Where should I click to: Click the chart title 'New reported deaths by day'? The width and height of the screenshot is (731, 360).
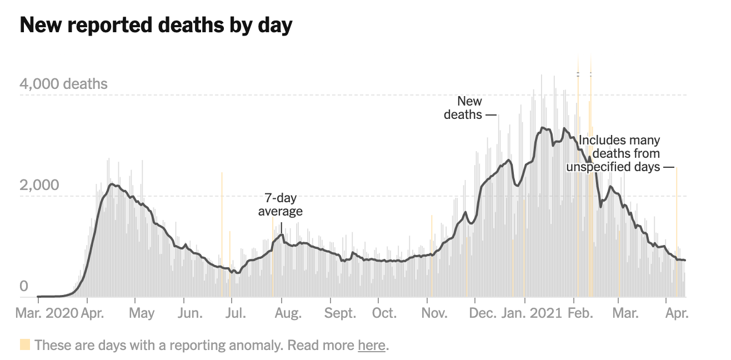[156, 26]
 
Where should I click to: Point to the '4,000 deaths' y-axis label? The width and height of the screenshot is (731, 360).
[63, 84]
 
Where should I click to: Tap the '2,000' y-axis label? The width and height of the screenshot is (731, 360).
[39, 185]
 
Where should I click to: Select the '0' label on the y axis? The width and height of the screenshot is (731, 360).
[24, 287]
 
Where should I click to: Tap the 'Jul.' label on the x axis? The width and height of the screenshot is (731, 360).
[236, 313]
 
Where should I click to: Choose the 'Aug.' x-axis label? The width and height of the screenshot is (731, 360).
[288, 313]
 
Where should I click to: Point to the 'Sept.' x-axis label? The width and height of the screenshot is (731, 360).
[341, 313]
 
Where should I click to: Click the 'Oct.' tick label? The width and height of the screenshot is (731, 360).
[384, 313]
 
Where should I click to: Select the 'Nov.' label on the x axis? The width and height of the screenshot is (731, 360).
[434, 313]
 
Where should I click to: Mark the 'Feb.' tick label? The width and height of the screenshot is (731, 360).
[580, 313]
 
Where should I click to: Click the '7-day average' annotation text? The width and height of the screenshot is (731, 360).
[281, 205]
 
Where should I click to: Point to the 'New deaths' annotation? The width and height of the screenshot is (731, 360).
[464, 108]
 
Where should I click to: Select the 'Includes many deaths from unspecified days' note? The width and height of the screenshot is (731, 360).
[617, 154]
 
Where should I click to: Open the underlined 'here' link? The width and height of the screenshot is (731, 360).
[372, 345]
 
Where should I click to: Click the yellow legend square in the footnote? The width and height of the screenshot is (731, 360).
[25, 345]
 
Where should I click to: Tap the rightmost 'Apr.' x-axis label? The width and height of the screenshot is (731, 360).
[677, 313]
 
